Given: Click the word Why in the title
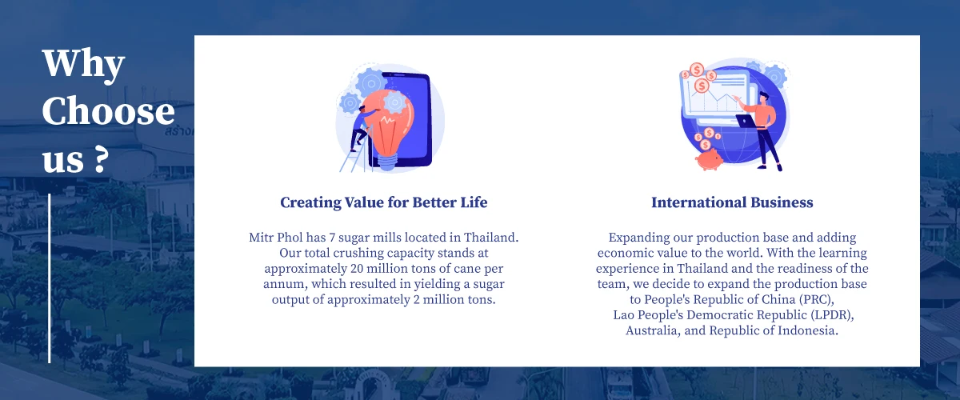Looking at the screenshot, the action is (x=83, y=64).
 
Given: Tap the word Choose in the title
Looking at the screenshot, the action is (x=109, y=111).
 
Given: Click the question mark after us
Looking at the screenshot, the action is (x=100, y=158).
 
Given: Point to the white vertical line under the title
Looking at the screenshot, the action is (x=50, y=278).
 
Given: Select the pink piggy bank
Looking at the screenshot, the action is (x=710, y=159).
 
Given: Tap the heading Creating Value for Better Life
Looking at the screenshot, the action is (x=383, y=202).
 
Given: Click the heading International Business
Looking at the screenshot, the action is (x=732, y=202).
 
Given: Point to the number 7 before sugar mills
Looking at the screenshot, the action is (x=332, y=238).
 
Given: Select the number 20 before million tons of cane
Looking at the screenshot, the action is (x=357, y=269).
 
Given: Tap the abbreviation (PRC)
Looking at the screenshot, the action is (x=817, y=299).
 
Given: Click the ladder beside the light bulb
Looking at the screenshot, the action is (x=356, y=150).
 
